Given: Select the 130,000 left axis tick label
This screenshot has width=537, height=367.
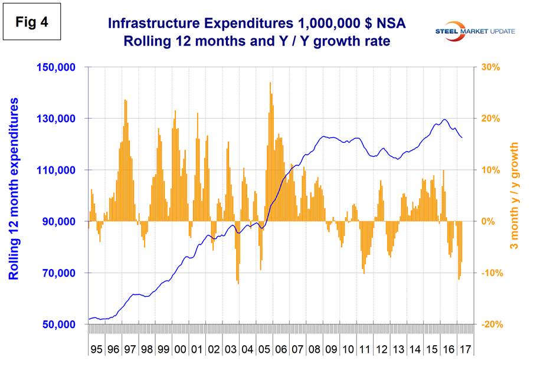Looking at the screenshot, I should (x=58, y=119).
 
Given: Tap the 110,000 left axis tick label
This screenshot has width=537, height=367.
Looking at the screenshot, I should (x=58, y=170).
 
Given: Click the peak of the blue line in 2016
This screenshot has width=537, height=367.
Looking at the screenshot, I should (x=444, y=120).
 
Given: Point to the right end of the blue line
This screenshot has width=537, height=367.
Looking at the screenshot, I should (x=463, y=138).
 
